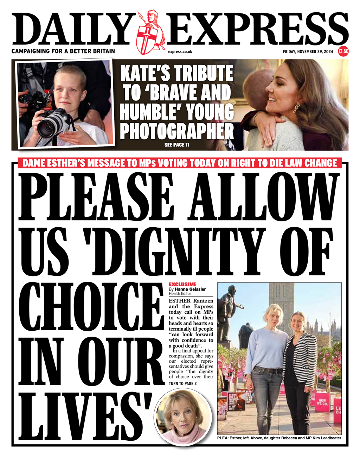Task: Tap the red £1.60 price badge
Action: (343, 51)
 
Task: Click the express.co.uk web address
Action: (180, 52)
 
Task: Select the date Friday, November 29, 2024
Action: (308, 52)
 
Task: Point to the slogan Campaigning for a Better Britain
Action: (63, 51)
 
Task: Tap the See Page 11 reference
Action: (177, 145)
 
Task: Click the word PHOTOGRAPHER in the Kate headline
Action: (177, 131)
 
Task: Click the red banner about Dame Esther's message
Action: (180, 163)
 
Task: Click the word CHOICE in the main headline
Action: (93, 308)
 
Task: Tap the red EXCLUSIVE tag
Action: (182, 284)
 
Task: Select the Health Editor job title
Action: (180, 293)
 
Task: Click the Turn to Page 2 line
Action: (183, 383)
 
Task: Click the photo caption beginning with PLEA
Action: (279, 438)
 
